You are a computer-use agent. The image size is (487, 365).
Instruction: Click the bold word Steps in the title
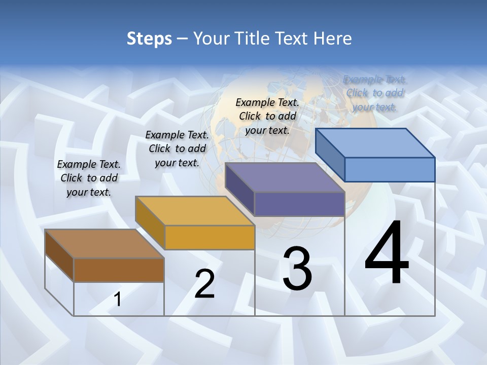coord(149,39)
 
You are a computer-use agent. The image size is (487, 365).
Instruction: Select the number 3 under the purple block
coord(297,269)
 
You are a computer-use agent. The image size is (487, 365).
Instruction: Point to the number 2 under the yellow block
coord(204,284)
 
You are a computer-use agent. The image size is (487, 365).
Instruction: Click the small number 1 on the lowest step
coord(117,300)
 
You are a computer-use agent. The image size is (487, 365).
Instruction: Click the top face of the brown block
coord(105,244)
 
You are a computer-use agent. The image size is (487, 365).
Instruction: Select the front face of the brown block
coord(119,270)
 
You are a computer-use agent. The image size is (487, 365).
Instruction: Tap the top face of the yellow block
coord(195,211)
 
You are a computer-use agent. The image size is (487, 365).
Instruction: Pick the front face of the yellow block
coord(210,238)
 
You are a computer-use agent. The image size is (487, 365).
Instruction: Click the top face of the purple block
coord(285,177)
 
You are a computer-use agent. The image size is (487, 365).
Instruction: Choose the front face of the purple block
coord(299,204)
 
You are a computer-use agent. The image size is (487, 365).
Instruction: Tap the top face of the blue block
coord(375,143)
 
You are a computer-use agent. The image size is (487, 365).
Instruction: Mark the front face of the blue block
coord(390,169)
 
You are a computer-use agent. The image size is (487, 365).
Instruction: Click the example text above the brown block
coord(89,178)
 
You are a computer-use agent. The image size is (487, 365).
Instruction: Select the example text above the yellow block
coord(177,149)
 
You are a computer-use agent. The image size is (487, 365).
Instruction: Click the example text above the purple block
coord(267,116)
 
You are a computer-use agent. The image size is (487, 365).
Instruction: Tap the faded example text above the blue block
coord(375,93)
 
